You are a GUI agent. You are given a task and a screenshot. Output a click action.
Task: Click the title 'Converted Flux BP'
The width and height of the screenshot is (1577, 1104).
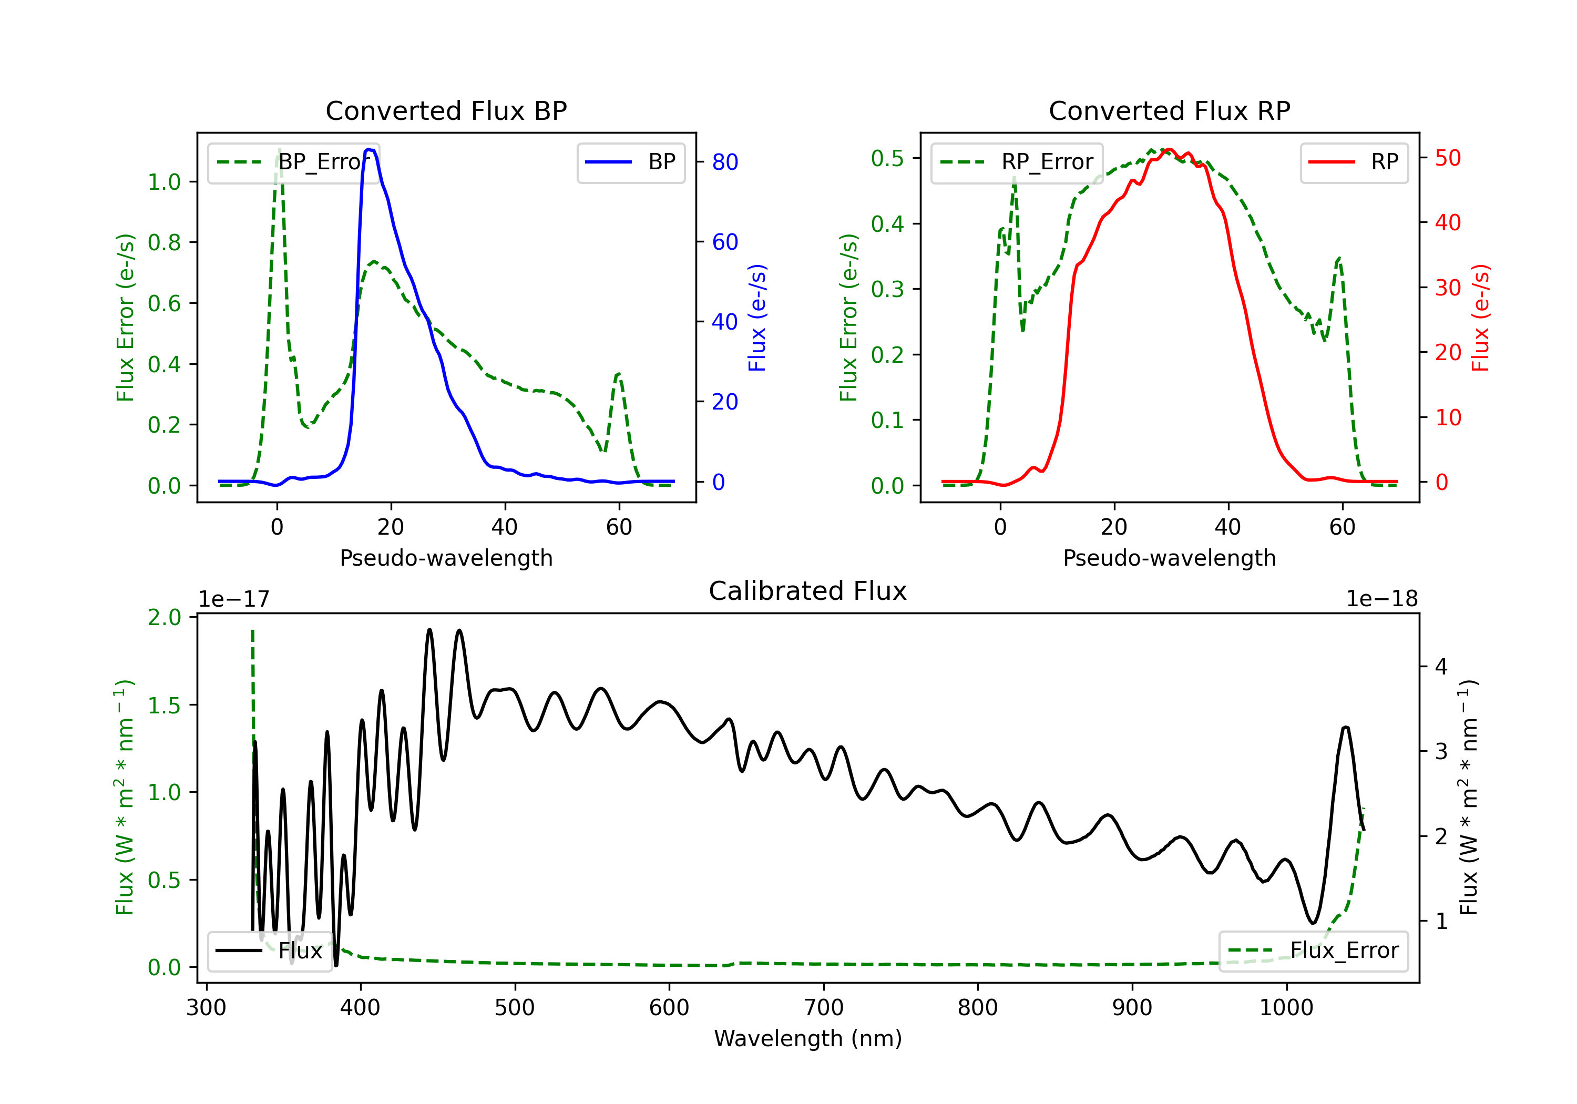446,110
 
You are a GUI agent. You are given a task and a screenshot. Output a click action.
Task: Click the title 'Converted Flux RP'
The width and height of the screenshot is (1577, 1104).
1170,110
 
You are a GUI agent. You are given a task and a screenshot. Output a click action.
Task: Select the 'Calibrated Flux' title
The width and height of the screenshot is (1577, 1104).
808,591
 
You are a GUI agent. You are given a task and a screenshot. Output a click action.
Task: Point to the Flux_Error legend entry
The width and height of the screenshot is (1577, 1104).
1313,951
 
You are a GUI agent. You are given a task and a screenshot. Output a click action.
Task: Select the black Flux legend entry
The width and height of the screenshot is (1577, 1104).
269,951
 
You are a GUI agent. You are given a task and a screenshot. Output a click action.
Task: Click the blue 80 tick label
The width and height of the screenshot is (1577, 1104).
724,162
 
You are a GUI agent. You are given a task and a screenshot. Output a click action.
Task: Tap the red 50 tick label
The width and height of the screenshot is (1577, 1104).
1448,158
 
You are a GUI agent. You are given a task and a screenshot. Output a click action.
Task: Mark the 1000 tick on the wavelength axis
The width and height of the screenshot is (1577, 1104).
1286,1007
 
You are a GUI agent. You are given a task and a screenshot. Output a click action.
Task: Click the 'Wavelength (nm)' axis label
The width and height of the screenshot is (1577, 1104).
808,1038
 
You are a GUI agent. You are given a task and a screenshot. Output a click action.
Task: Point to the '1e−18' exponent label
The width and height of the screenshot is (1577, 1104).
1382,599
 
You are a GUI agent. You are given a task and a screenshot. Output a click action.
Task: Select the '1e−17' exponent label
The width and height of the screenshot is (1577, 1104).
234,599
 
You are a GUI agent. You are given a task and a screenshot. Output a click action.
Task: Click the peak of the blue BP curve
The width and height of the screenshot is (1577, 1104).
369,149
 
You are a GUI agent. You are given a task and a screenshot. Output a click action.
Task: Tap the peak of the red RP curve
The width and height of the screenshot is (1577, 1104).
1169,149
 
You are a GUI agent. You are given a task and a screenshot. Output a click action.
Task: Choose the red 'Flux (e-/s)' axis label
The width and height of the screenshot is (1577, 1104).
1480,318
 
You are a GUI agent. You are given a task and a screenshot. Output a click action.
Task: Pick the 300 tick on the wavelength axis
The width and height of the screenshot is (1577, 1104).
206,1007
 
